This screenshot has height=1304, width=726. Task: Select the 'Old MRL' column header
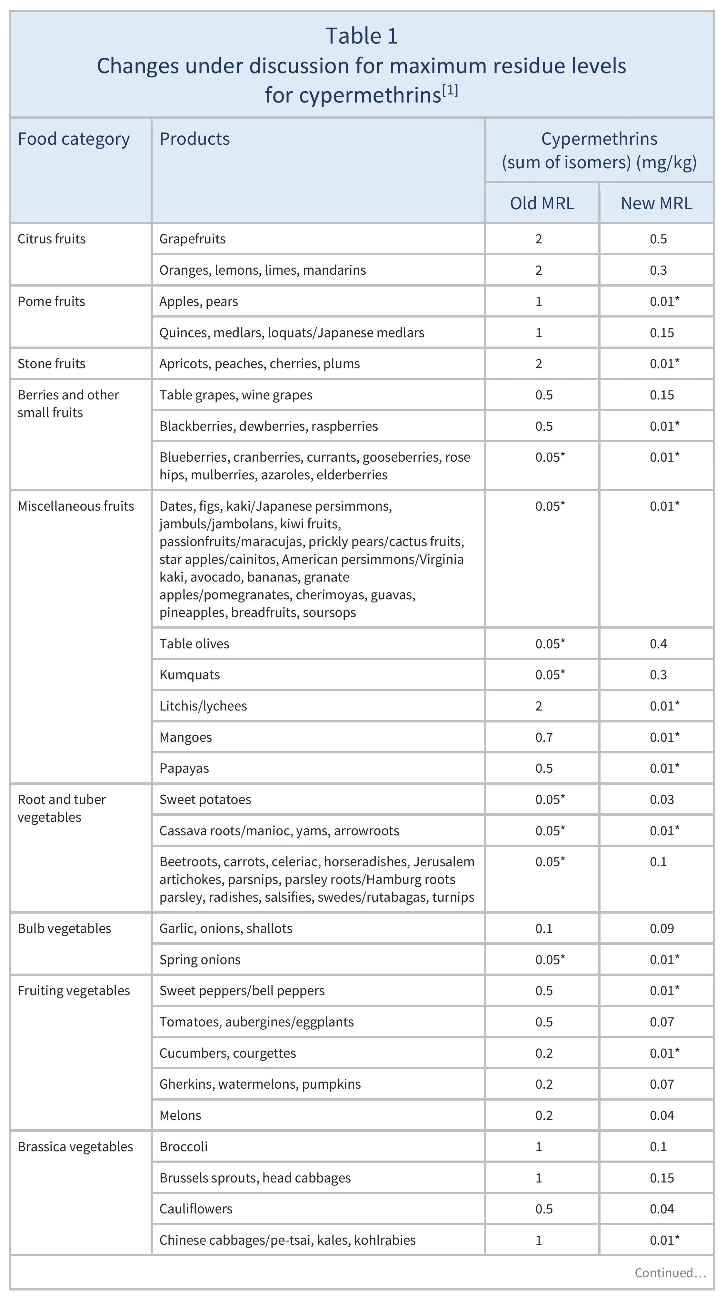coord(542,203)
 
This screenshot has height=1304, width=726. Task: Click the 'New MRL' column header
coord(656,203)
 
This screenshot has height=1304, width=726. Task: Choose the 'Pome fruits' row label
coord(51,302)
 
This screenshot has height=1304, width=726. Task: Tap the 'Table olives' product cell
coord(194,644)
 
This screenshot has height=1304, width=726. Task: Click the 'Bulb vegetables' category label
coord(64,929)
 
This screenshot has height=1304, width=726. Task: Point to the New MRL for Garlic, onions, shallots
coord(662,929)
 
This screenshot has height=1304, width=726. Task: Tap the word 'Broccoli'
coord(183,1147)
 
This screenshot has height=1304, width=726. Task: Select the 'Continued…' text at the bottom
coord(670,1273)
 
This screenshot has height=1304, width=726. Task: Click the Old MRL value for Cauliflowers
coord(544,1209)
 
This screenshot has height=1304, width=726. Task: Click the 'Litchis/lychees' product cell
coord(203,706)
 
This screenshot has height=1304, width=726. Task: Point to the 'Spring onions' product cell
coord(200,960)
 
